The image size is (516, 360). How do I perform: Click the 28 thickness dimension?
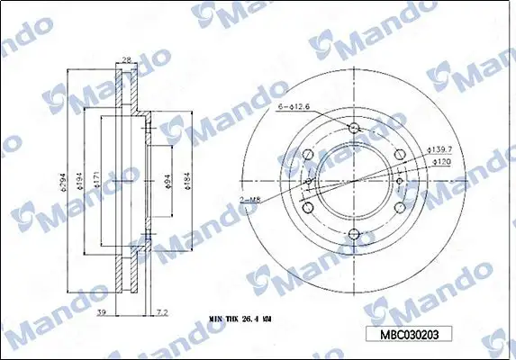point(126,60)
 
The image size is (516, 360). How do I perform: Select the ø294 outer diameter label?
point(63,184)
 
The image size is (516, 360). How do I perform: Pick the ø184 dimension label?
point(187,186)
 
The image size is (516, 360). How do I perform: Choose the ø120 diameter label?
point(441,163)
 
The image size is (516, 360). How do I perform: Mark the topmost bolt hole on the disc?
point(354,128)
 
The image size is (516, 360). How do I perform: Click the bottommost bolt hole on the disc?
point(354,237)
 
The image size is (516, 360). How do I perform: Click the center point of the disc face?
point(354,183)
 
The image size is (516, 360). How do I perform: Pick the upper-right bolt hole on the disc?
point(400,155)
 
